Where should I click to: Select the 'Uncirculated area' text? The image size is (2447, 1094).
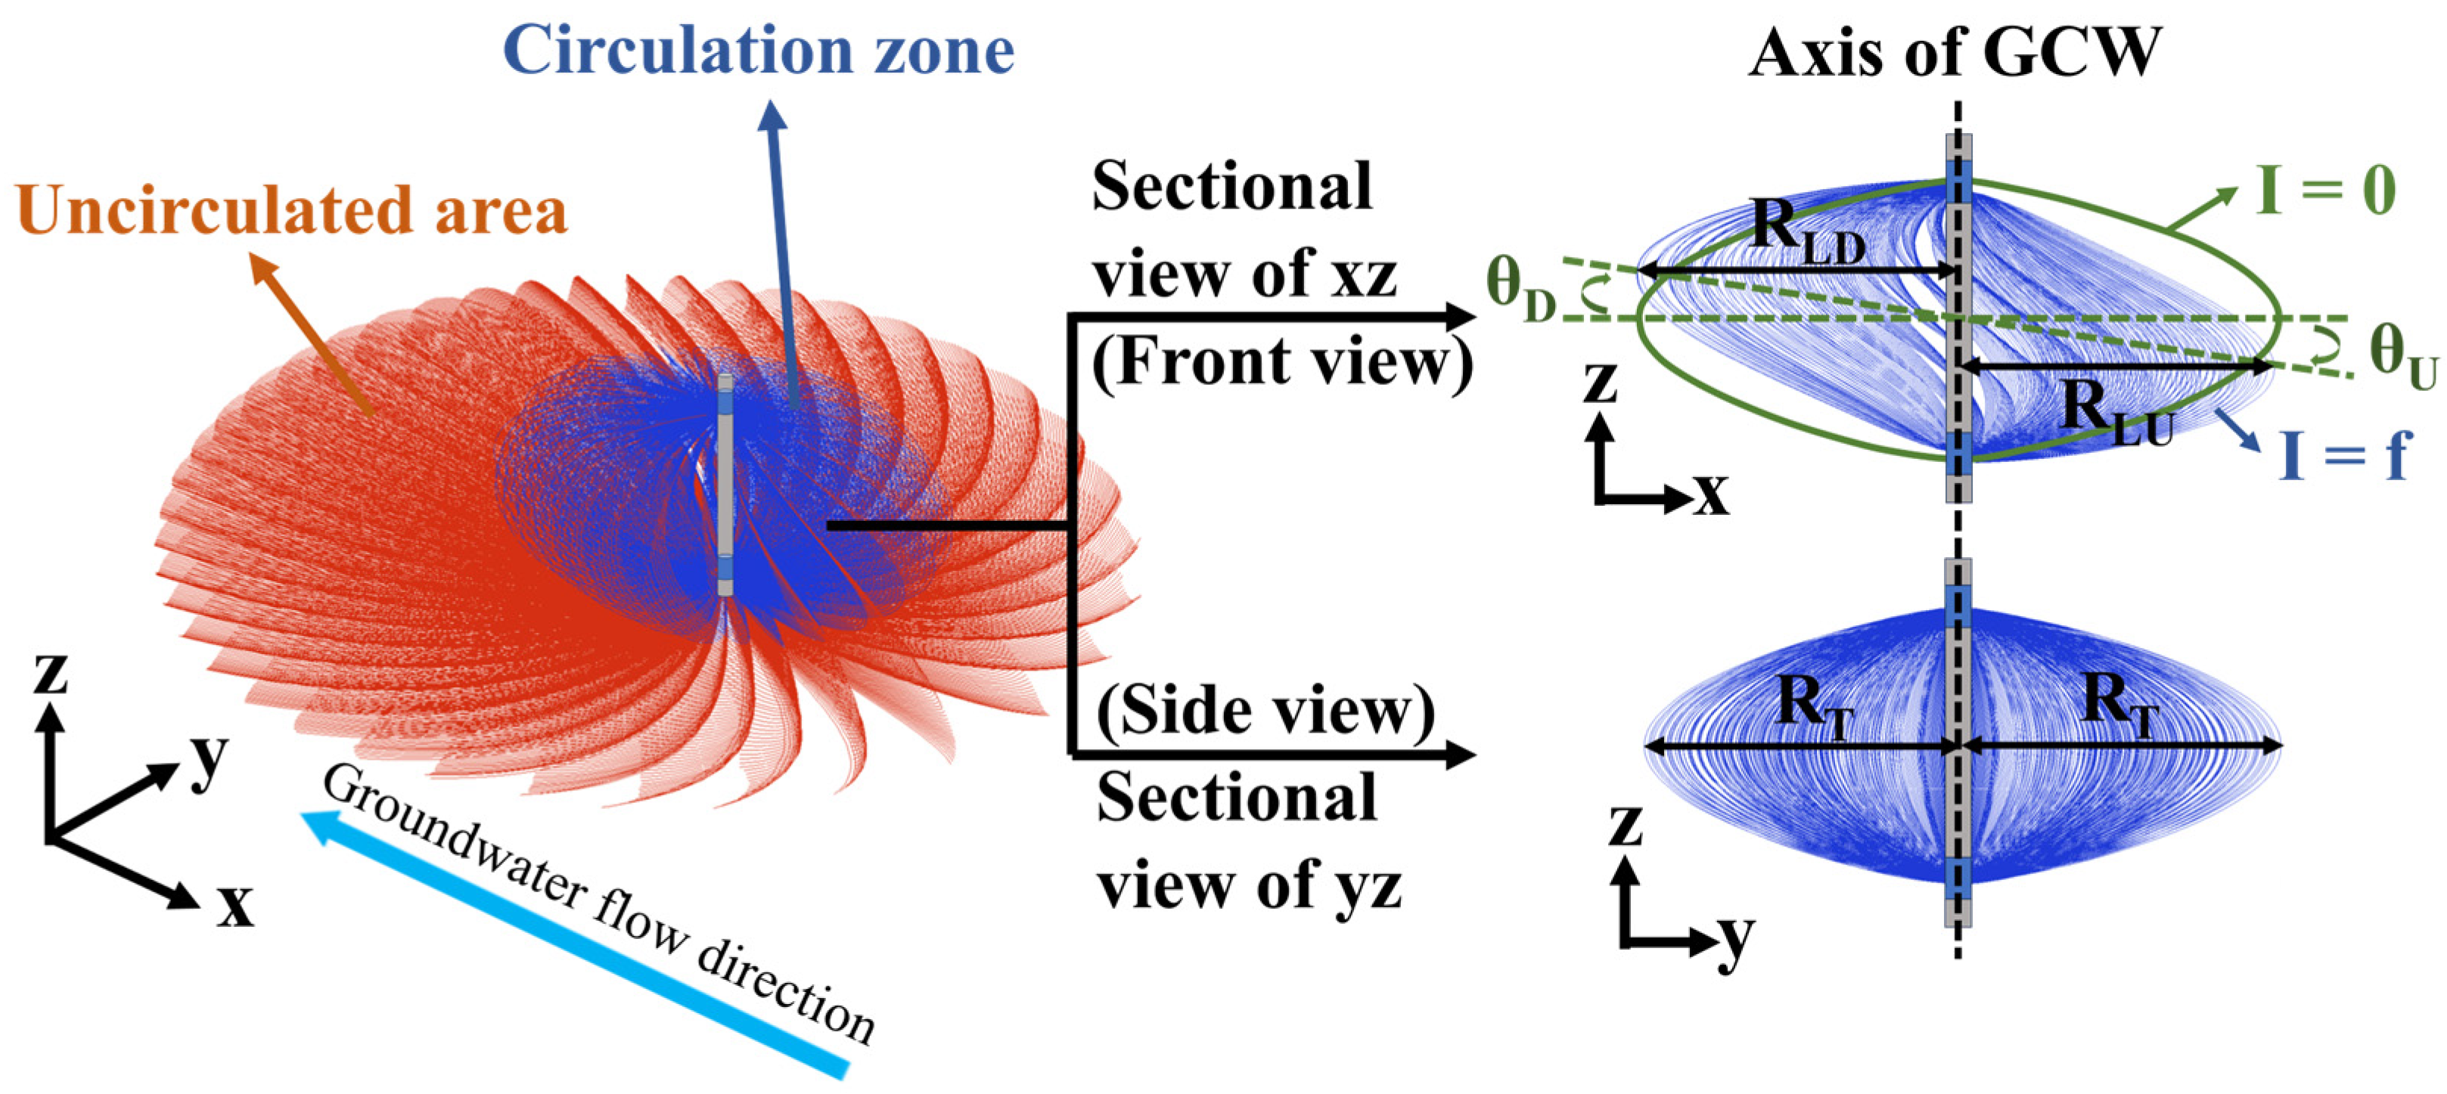[292, 210]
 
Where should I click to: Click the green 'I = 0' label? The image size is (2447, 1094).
[2324, 191]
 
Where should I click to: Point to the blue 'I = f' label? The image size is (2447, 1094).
[2344, 455]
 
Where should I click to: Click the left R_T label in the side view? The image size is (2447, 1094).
[1815, 708]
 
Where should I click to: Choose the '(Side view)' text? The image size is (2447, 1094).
[1265, 712]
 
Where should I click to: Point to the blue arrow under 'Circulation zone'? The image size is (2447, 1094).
[781, 247]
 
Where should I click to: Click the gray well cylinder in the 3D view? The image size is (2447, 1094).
[725, 485]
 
